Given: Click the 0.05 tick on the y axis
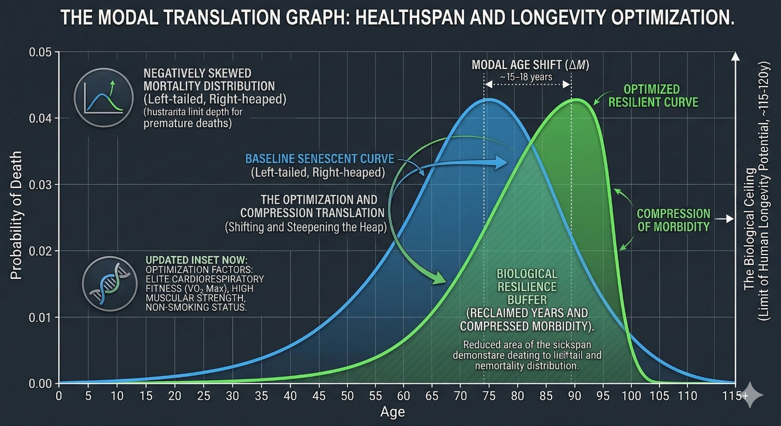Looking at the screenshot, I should pyautogui.click(x=40, y=52).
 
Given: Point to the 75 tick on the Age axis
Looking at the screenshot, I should pyautogui.click(x=489, y=396).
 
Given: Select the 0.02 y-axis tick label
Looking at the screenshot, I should pyautogui.click(x=40, y=251).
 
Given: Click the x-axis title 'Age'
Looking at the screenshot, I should pyautogui.click(x=392, y=412).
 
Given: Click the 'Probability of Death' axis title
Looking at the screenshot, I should pyautogui.click(x=16, y=216).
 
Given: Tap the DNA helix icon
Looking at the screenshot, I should pyautogui.click(x=110, y=284).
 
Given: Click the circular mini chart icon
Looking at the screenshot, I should pyautogui.click(x=103, y=98).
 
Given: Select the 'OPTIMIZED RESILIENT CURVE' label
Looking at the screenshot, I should pyautogui.click(x=653, y=96).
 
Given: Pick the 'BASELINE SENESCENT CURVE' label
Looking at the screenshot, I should pyautogui.click(x=319, y=159).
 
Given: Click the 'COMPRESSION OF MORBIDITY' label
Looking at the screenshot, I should pyautogui.click(x=673, y=220).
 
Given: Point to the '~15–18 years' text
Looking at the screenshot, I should pyautogui.click(x=526, y=77).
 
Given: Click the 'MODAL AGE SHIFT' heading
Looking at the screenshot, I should pyautogui.click(x=530, y=64).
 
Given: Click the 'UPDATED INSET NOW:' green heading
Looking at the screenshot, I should pyautogui.click(x=196, y=260).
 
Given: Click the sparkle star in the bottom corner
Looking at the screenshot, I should pyautogui.click(x=751, y=395).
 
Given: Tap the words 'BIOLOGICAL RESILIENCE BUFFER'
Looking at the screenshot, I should pyautogui.click(x=527, y=287).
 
